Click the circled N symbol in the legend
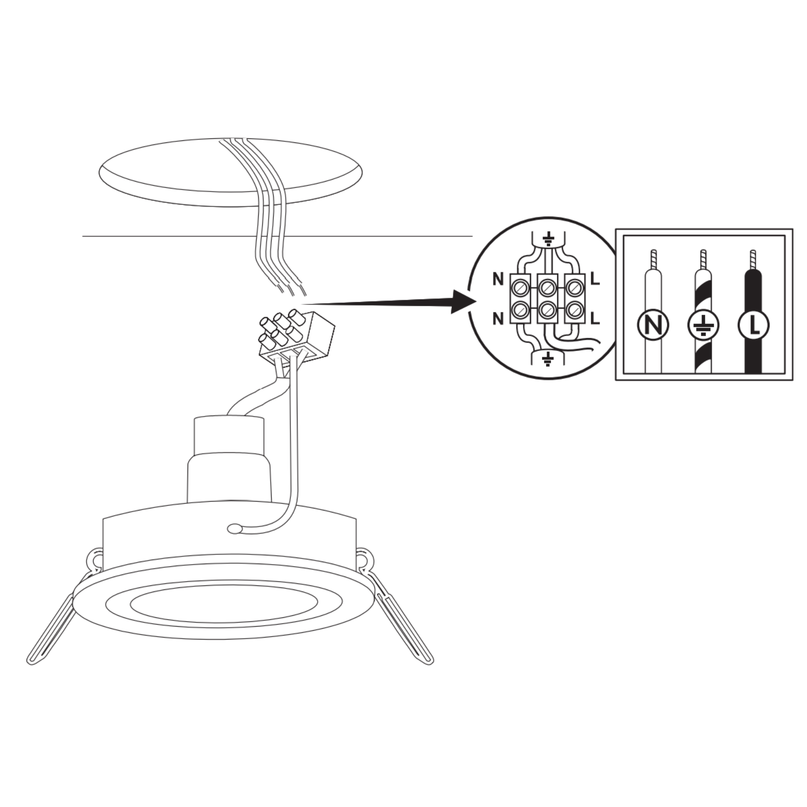654,325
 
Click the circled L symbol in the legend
753,325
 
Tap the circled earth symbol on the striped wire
703,325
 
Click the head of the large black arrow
464,301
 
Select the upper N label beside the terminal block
498,279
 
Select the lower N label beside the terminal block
498,319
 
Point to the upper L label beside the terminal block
595,279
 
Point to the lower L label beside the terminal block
595,318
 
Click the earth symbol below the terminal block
548,358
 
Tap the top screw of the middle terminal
547,287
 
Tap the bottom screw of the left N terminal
521,309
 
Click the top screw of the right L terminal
574,287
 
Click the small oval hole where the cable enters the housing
235,529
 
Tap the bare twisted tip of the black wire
753,259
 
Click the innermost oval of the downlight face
224,604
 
